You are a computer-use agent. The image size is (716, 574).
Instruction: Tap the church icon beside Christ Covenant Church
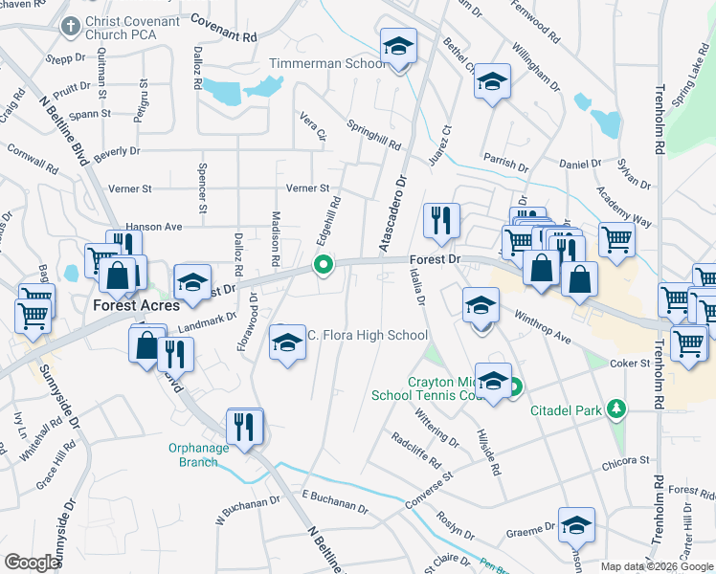tap(69, 28)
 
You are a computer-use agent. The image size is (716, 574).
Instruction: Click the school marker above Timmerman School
tap(398, 48)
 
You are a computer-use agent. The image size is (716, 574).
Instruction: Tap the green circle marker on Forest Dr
tap(324, 265)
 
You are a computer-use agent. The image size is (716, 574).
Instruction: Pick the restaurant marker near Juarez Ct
tap(441, 222)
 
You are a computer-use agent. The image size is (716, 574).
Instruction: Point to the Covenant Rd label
tap(225, 27)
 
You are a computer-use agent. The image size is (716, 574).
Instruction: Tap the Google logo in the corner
tap(32, 563)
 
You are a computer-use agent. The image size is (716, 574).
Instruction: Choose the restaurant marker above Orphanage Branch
tap(245, 426)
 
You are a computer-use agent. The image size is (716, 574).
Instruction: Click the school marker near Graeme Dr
tap(576, 525)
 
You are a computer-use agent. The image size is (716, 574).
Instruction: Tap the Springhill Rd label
tap(373, 134)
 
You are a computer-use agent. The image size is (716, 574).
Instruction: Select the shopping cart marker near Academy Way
tap(616, 240)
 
